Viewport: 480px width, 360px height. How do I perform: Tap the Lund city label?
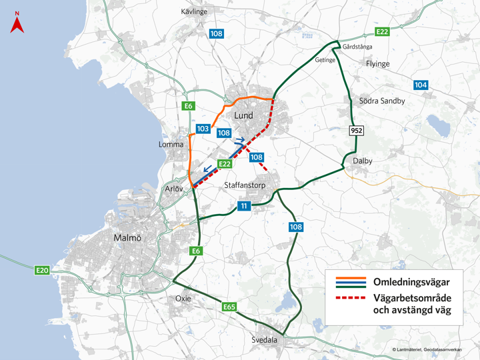point(244,115)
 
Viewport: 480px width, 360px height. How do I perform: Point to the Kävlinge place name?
point(195,12)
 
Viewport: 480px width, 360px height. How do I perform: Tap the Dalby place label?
point(363,161)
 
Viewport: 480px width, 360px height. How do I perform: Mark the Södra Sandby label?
point(382,101)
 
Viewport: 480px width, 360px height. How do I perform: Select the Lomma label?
point(171,144)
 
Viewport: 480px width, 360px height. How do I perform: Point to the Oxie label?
point(183,298)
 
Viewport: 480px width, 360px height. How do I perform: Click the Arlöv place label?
point(175,189)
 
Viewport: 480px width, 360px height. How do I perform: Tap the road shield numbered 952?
point(357,131)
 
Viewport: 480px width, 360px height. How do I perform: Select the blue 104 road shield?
point(421,85)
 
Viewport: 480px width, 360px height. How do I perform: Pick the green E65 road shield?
point(230,307)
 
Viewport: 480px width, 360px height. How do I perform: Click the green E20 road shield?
point(43,270)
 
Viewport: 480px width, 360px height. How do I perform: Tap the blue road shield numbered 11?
point(245,206)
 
